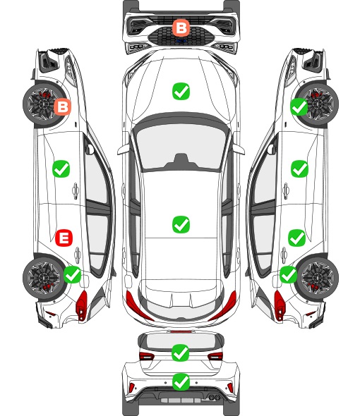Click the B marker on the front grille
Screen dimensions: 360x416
pyautogui.click(x=181, y=27)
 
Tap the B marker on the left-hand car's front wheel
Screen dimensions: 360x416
pyautogui.click(x=62, y=107)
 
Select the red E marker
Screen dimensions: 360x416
pyautogui.click(x=64, y=238)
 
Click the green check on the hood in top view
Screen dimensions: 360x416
pyautogui.click(x=181, y=91)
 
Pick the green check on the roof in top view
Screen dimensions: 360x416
pyautogui.click(x=181, y=224)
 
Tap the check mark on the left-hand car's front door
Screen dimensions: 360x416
pyautogui.click(x=61, y=169)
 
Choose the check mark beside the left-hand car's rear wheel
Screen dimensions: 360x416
pyautogui.click(x=73, y=274)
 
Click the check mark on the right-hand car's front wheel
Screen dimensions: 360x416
pyautogui.click(x=299, y=106)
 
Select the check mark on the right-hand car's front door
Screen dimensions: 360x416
pyautogui.click(x=300, y=169)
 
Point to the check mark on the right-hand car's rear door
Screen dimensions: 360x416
pyautogui.click(x=296, y=238)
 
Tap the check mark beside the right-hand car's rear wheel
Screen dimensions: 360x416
pyautogui.click(x=288, y=274)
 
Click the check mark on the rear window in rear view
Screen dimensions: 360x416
pyautogui.click(x=181, y=353)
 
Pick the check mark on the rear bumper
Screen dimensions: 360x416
pyautogui.click(x=181, y=382)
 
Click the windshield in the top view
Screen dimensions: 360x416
pyautogui.click(x=181, y=147)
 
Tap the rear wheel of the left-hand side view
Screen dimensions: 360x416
pyautogui.click(x=42, y=278)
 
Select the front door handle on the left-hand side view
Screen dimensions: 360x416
pyautogui.click(x=76, y=190)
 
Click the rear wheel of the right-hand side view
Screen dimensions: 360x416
pyautogui.click(x=318, y=278)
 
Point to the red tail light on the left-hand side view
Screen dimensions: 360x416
pyautogui.click(x=82, y=305)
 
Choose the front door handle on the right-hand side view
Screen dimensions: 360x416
pyautogui.click(x=286, y=190)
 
